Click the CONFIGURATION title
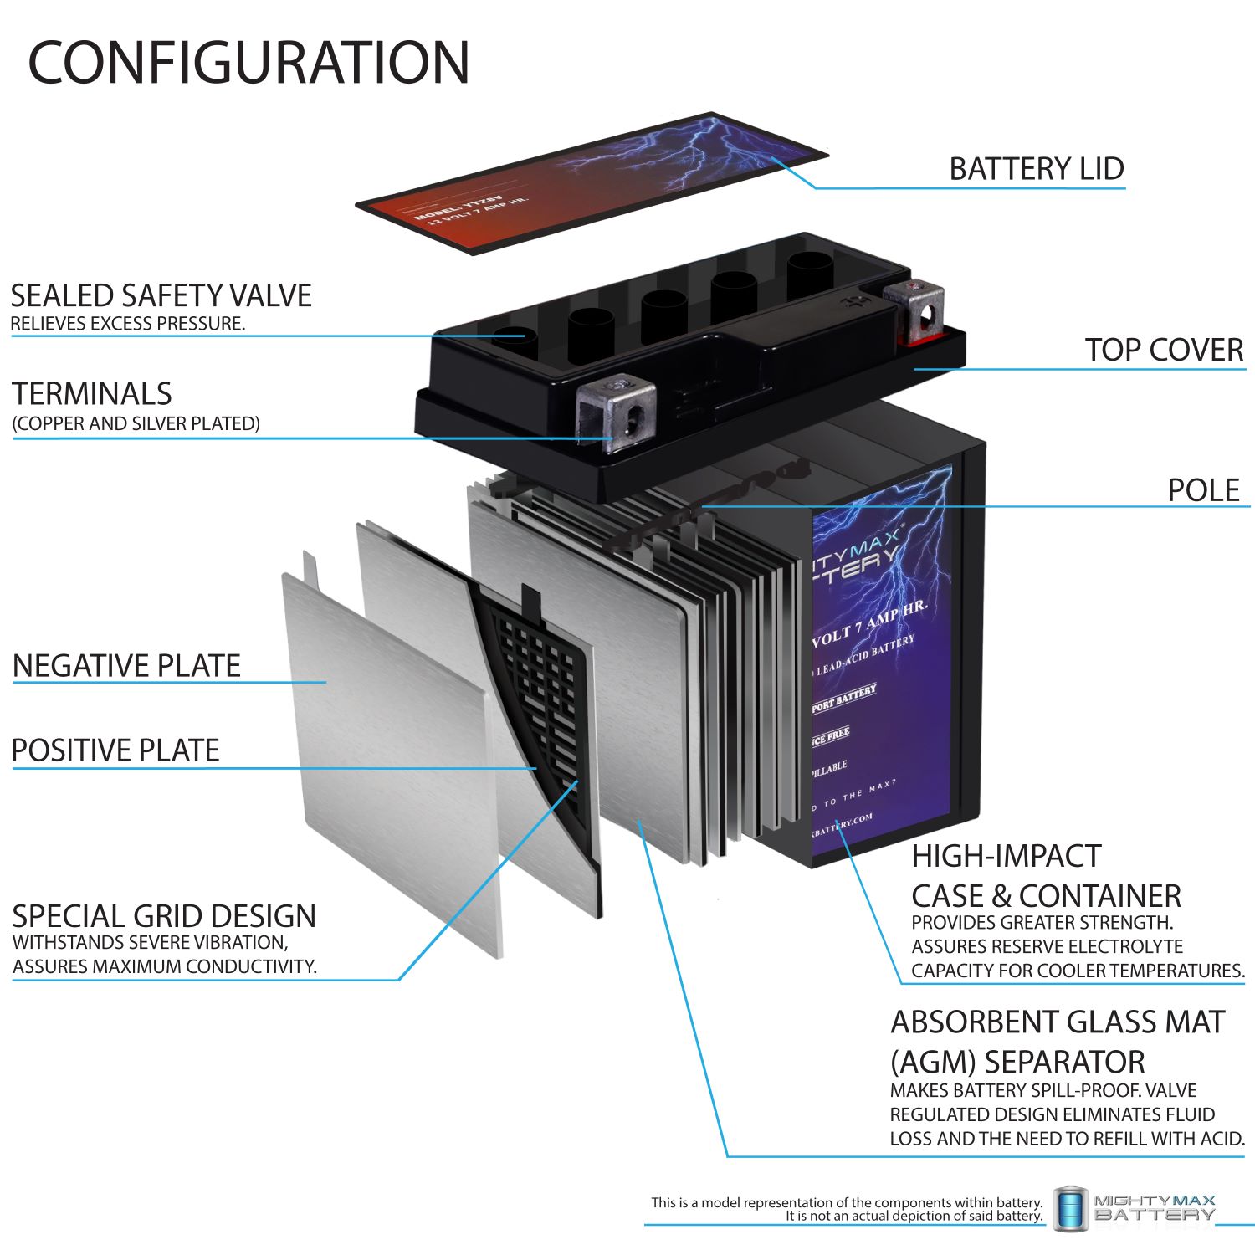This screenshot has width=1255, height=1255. coord(248,63)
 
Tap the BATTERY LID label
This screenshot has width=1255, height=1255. coord(1036,169)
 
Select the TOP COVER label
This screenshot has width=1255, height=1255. coord(1164,350)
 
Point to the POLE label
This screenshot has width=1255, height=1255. coord(1203,490)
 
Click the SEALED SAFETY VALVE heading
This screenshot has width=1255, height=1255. coord(161,295)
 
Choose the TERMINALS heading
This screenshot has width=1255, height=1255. coord(92,394)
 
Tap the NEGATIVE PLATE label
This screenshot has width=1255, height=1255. coord(126,666)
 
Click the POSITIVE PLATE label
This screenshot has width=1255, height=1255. coord(115,750)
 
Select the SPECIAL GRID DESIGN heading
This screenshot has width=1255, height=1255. coord(164,916)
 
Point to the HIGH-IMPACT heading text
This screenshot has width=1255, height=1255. coord(1006,856)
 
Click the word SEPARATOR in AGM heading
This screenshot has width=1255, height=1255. coord(1064,1062)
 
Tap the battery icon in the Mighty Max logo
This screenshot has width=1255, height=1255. coord(1070,1208)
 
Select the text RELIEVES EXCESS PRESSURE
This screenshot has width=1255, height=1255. coord(128,324)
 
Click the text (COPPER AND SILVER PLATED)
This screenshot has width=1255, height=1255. coord(136,423)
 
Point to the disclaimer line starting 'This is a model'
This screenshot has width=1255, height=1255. coord(847,1202)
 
